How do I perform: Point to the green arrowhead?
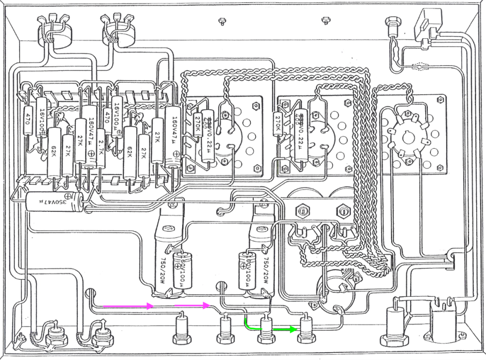[294, 329]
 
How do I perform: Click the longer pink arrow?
[122, 306]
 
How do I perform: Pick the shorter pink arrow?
[192, 306]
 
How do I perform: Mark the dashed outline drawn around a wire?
[421, 66]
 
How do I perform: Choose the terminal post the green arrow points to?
[306, 326]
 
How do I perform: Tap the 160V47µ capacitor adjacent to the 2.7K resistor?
[90, 136]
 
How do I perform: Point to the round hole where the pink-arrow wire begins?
[89, 294]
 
